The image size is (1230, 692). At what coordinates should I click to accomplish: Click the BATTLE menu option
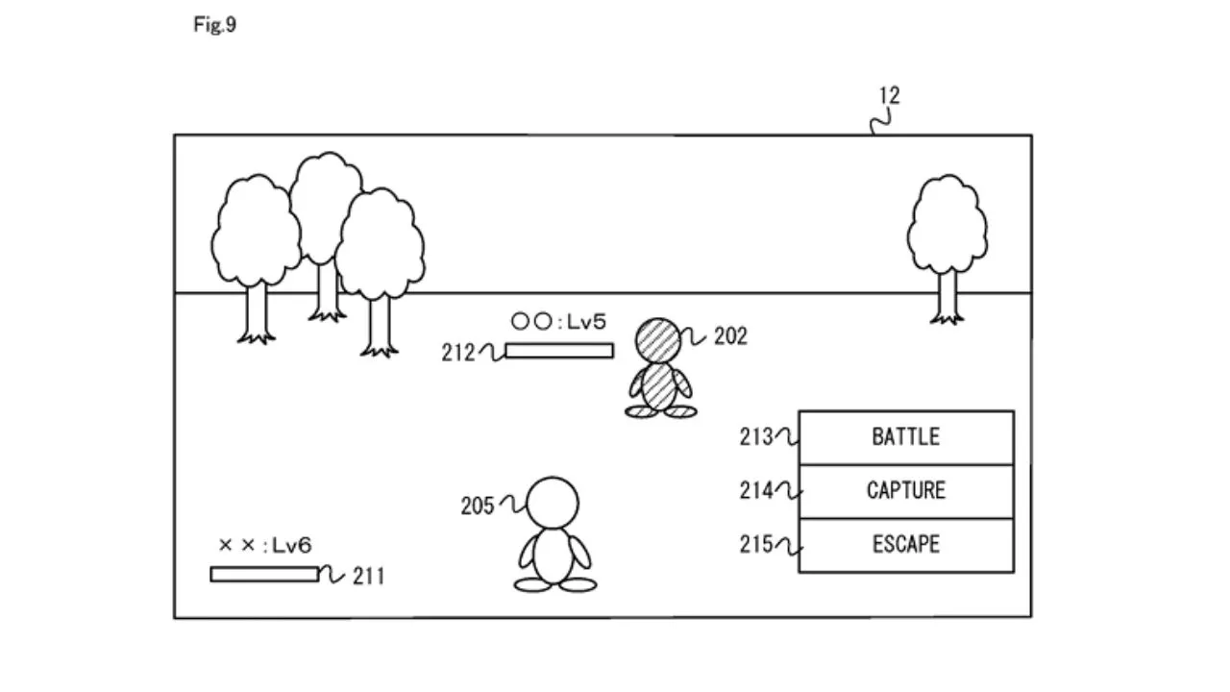[x=905, y=437]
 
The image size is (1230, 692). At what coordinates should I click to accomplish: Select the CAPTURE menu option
[x=905, y=491]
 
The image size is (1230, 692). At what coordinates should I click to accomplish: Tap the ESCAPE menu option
[x=905, y=545]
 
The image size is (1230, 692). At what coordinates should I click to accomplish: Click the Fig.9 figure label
[x=214, y=26]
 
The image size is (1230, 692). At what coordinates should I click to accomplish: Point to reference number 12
[x=889, y=96]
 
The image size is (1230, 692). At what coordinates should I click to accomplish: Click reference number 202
[x=729, y=337]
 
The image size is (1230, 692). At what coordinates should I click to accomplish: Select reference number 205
[x=477, y=506]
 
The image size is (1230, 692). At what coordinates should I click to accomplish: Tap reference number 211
[x=368, y=577]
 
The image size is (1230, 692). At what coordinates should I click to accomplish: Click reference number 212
[x=458, y=353]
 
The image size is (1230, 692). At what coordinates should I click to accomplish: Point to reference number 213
[x=755, y=437]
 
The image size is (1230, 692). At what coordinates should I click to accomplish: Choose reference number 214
[x=755, y=491]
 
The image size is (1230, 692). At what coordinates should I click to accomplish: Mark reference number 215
[x=755, y=545]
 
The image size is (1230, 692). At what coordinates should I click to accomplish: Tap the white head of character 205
[x=554, y=502]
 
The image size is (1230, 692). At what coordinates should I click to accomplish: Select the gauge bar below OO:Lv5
[x=559, y=351]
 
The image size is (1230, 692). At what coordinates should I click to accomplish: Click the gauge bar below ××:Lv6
[x=264, y=574]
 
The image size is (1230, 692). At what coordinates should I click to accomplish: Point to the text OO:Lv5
[x=558, y=323]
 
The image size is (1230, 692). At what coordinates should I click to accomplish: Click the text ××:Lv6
[x=264, y=546]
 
